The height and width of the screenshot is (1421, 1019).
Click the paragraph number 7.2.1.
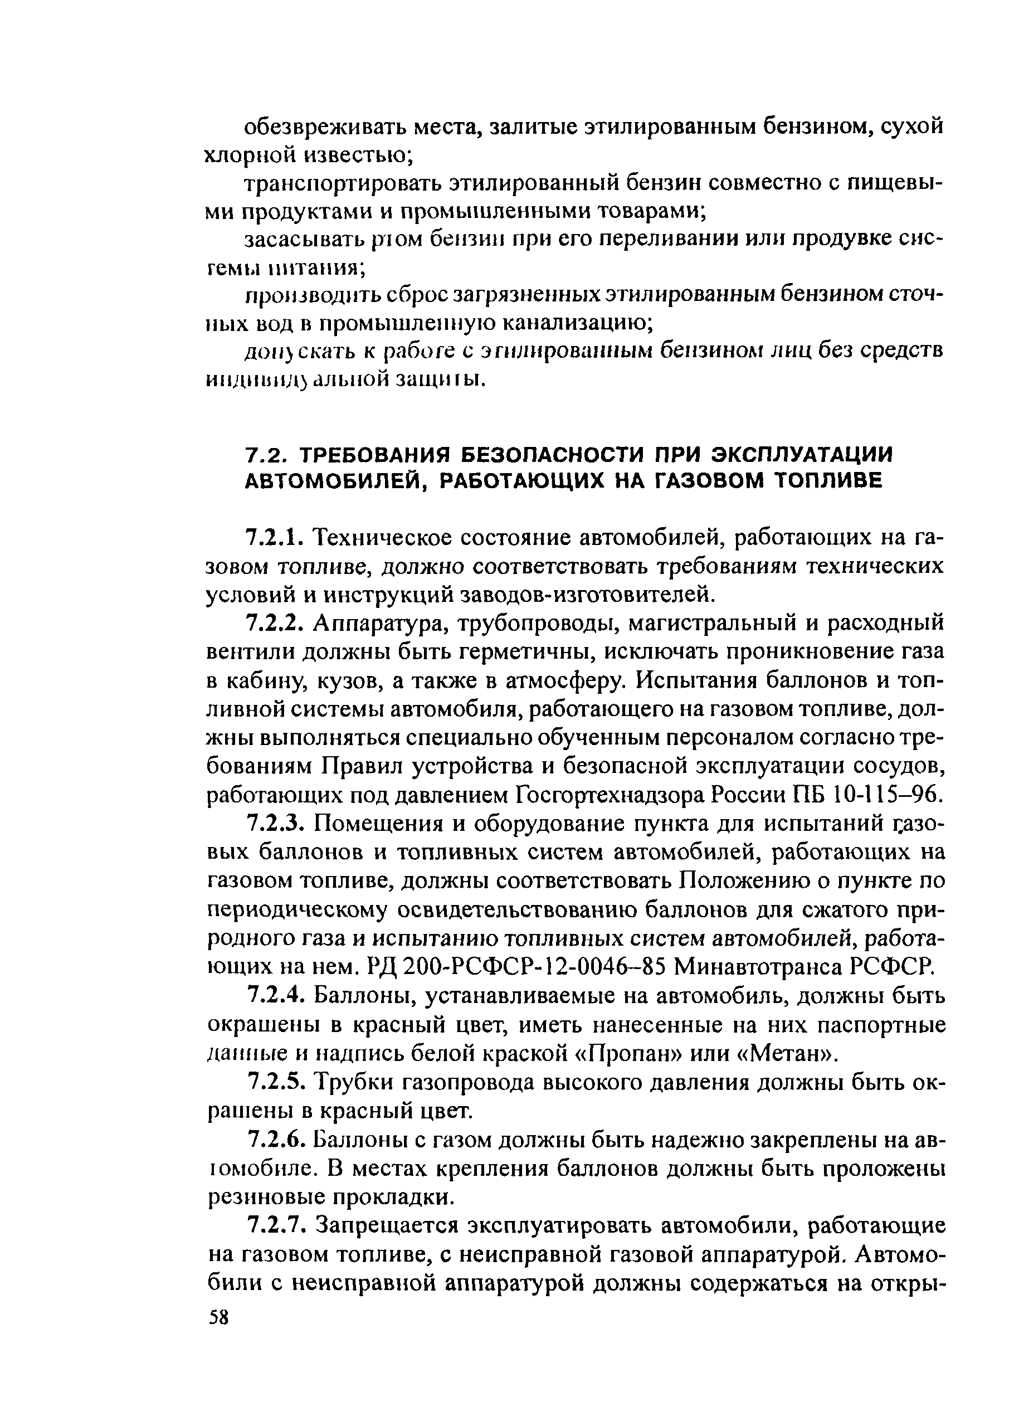(276, 538)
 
